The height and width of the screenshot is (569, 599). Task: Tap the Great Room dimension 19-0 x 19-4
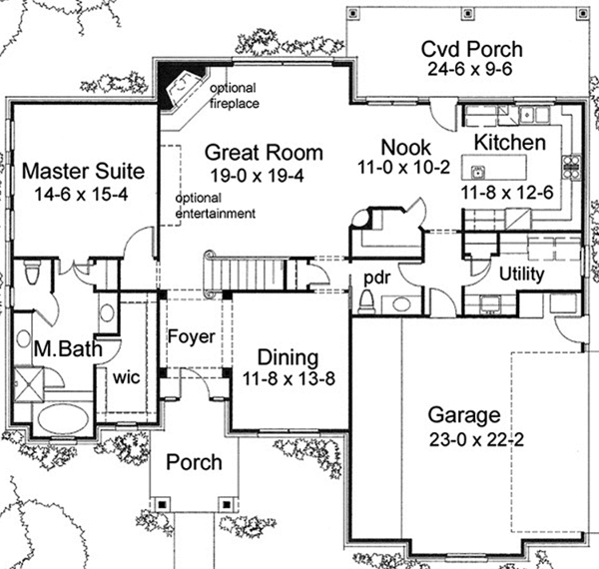264,174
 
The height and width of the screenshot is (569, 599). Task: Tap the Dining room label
288,357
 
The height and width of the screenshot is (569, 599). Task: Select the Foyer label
190,337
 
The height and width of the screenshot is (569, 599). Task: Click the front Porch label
194,463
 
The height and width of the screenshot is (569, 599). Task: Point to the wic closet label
126,377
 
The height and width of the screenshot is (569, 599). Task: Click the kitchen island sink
478,170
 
